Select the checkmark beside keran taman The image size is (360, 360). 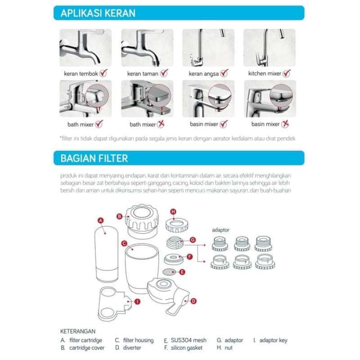(164, 73)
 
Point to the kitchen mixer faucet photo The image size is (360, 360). (269, 48)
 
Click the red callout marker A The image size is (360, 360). (101, 220)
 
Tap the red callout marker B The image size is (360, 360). (120, 216)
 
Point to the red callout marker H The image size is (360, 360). (173, 212)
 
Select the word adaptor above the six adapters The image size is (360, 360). (221, 229)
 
